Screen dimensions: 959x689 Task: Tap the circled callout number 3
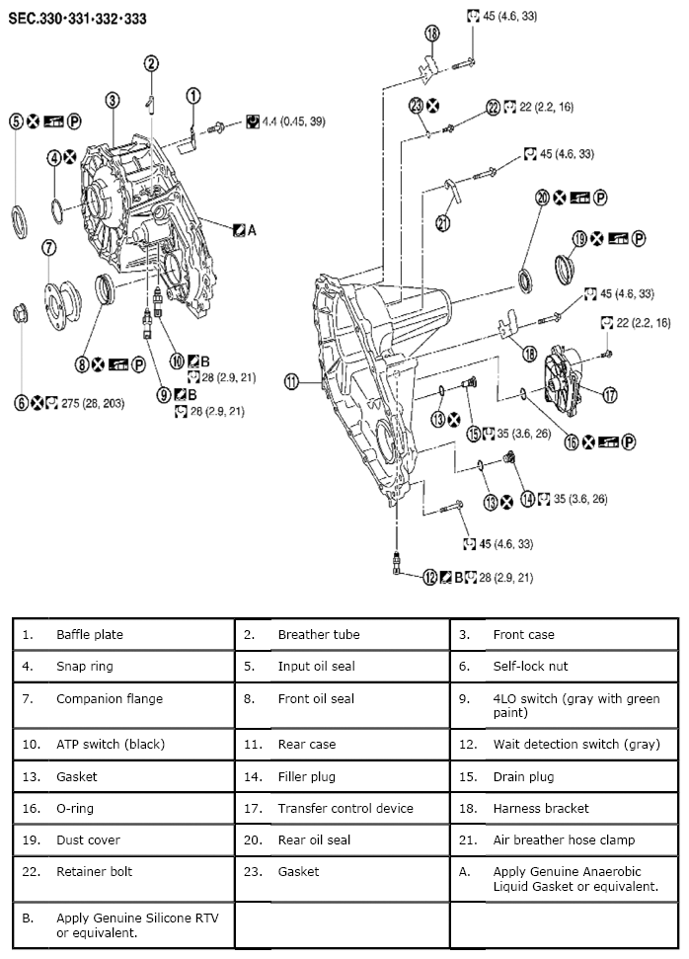click(113, 100)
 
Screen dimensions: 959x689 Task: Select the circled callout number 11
click(291, 382)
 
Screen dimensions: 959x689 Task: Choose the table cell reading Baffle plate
click(89, 635)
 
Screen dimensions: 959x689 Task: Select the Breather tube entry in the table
click(318, 635)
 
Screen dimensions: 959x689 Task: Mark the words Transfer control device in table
click(344, 809)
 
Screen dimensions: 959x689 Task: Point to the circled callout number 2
click(151, 64)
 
